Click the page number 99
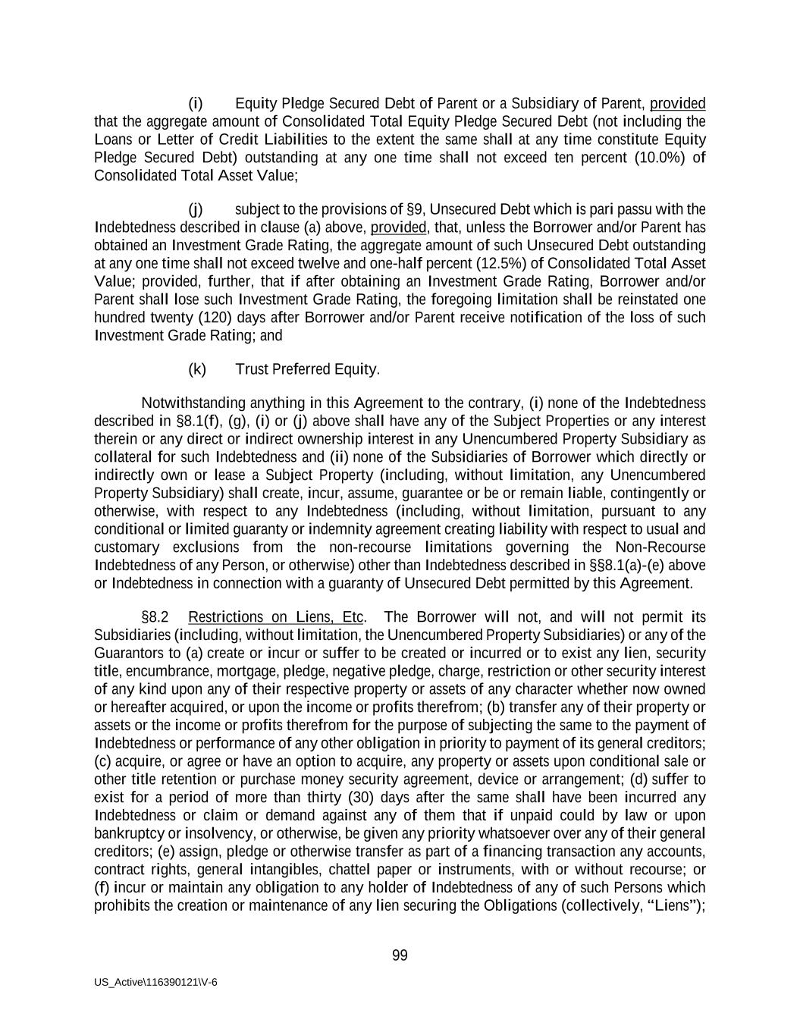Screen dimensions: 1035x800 click(x=400, y=955)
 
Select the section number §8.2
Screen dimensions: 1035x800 click(x=155, y=616)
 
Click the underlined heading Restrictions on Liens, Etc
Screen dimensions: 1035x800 click(x=276, y=616)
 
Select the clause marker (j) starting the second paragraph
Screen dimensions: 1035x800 click(x=196, y=209)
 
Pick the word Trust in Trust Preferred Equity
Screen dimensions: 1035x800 click(x=252, y=369)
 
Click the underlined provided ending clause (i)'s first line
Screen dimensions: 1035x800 click(x=677, y=103)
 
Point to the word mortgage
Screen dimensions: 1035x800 click(x=252, y=671)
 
